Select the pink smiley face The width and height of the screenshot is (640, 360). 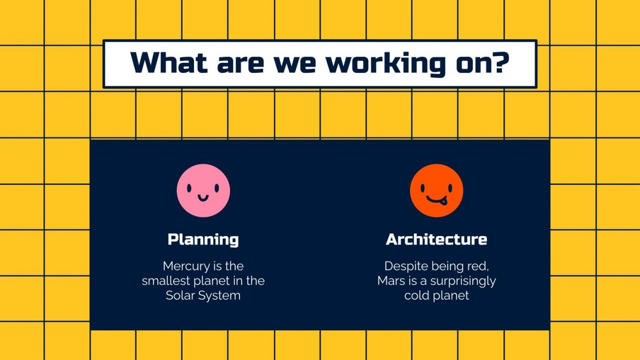(x=203, y=191)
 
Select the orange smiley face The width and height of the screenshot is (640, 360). (x=436, y=191)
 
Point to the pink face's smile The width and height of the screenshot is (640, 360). (x=203, y=197)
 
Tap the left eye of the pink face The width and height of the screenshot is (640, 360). (x=190, y=188)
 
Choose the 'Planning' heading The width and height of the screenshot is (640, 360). (x=203, y=239)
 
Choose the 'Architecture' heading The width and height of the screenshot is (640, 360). (x=436, y=239)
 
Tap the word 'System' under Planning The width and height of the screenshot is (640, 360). (x=220, y=295)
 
